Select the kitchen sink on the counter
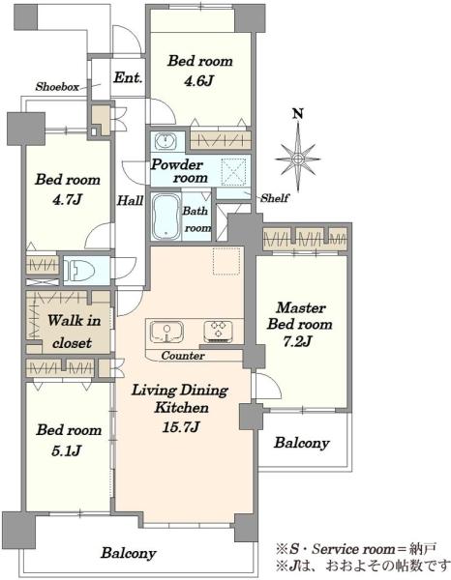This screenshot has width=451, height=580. [166, 332]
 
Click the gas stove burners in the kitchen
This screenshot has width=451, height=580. [219, 331]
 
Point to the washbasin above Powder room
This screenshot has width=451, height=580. [167, 141]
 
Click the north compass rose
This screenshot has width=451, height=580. [298, 159]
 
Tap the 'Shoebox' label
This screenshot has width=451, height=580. [57, 87]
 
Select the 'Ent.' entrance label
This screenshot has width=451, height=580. [128, 77]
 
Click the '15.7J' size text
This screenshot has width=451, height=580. [181, 427]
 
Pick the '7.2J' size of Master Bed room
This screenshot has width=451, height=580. [296, 341]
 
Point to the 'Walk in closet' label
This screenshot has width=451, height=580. [74, 332]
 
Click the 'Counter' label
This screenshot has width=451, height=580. [183, 356]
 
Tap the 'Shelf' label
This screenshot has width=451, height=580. [275, 198]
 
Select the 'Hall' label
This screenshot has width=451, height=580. [130, 201]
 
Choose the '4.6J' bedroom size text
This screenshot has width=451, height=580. [198, 80]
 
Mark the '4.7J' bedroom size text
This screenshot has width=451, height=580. [67, 200]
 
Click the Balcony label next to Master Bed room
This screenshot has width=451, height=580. [302, 443]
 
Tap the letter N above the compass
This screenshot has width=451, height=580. [298, 113]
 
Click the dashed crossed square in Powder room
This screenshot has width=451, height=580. [233, 172]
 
